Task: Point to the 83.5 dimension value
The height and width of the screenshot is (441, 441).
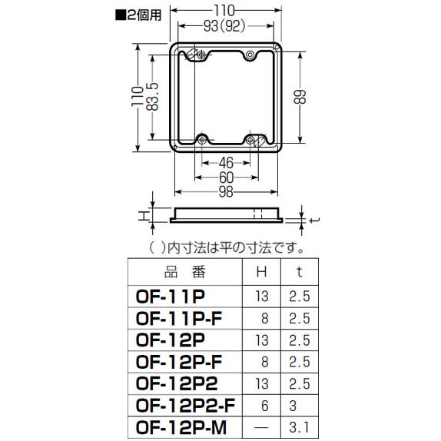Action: click(x=154, y=96)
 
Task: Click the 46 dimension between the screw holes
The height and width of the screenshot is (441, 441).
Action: click(x=226, y=162)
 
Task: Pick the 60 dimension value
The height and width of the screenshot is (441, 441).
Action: click(x=226, y=177)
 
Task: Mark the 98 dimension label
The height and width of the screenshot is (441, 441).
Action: click(x=226, y=192)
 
